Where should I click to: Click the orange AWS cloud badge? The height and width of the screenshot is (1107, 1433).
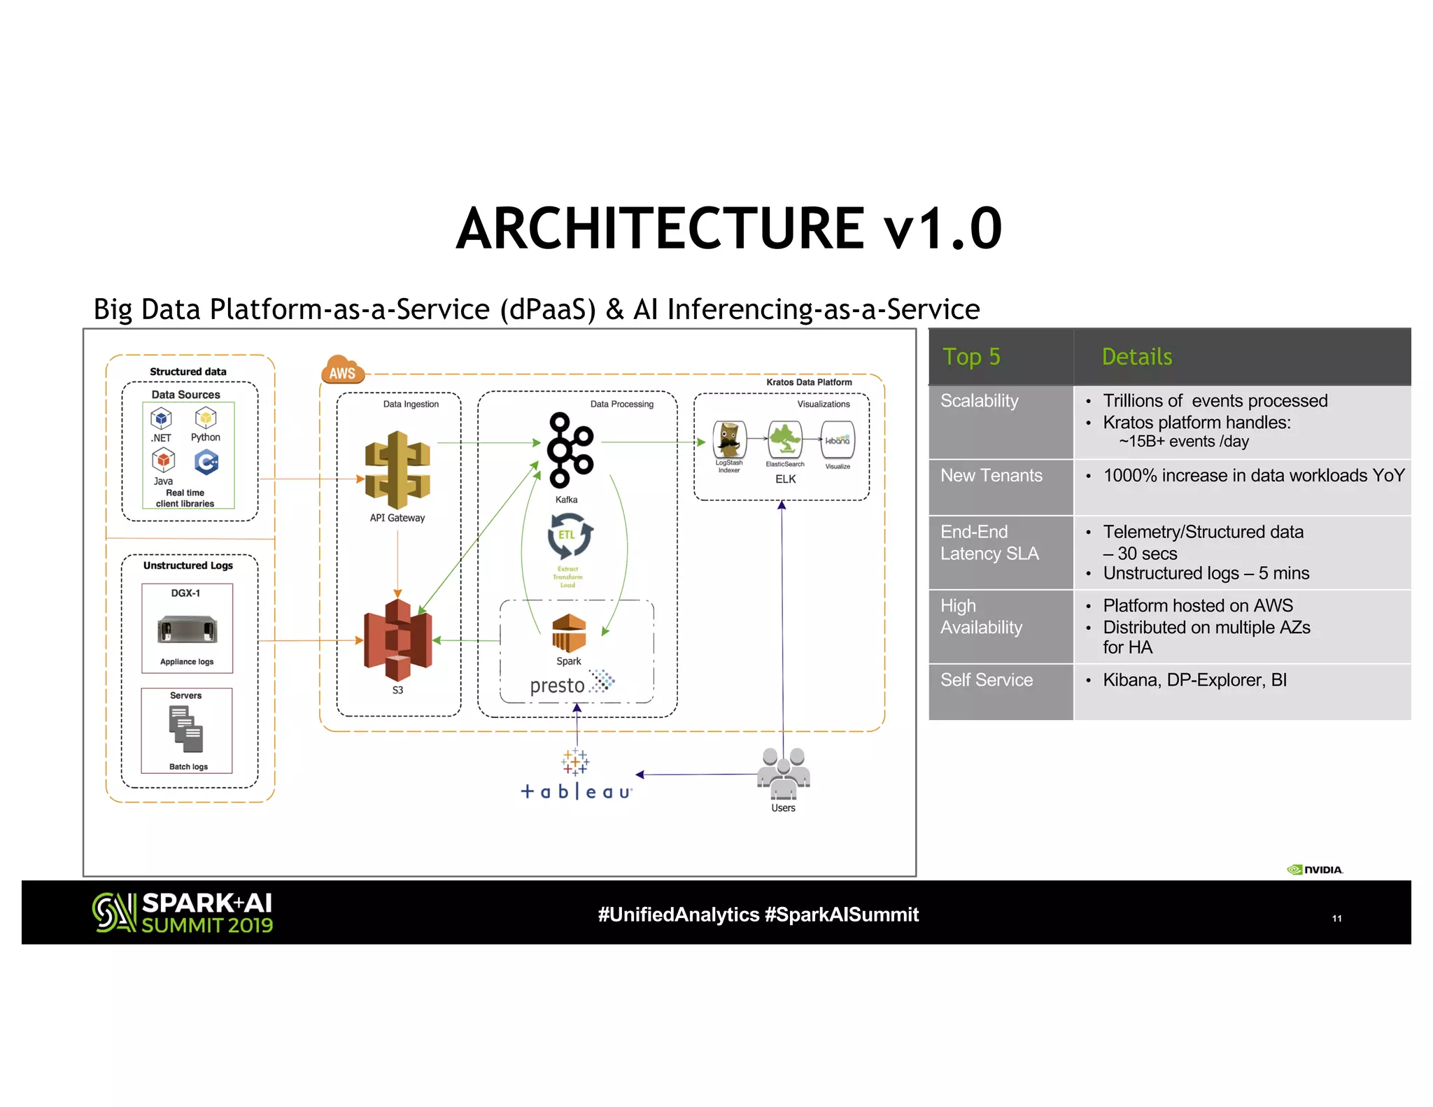(x=342, y=370)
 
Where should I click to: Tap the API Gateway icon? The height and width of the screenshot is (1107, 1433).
(x=397, y=470)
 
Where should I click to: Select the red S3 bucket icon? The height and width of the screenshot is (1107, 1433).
(x=397, y=640)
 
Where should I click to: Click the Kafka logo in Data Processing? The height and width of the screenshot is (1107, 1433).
(x=570, y=450)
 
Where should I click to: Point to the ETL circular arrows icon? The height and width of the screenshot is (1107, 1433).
(x=569, y=535)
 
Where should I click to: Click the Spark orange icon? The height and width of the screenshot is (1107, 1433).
(x=569, y=633)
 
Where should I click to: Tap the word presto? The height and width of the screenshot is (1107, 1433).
(x=557, y=685)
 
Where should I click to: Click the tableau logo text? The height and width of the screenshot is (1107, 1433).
(x=577, y=791)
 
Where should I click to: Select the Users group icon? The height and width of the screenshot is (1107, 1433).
(x=783, y=773)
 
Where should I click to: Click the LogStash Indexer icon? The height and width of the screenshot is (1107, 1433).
(x=729, y=440)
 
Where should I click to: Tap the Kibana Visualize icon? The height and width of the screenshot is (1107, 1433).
(x=837, y=440)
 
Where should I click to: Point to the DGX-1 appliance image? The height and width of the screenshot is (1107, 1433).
(x=187, y=628)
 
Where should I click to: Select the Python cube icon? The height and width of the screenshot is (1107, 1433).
(x=205, y=418)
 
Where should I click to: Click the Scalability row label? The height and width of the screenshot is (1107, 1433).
(x=979, y=401)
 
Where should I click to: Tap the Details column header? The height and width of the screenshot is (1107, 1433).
(x=1136, y=357)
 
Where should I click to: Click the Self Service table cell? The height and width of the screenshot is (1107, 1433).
(x=987, y=680)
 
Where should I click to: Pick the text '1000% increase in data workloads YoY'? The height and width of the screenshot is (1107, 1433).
(x=1253, y=476)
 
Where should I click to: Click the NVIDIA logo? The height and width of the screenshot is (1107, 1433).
(x=1315, y=870)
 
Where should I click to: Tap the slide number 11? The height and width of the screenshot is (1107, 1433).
(x=1336, y=918)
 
